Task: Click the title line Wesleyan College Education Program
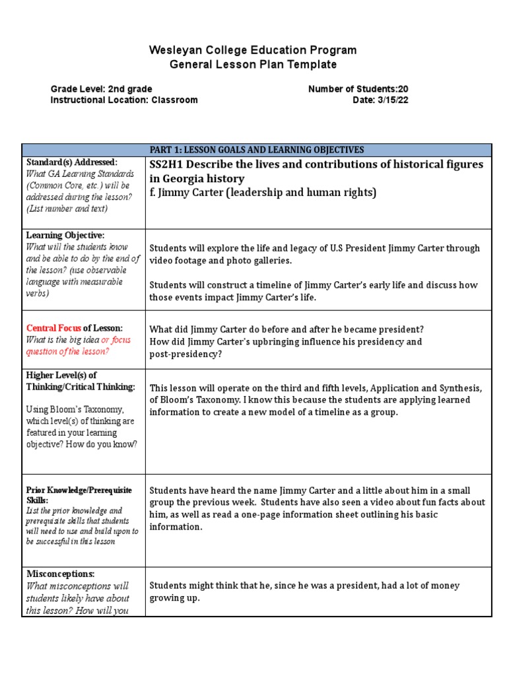(x=253, y=50)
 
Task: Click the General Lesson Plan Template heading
(x=253, y=65)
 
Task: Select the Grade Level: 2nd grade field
(x=102, y=89)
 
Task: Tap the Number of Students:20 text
(x=362, y=89)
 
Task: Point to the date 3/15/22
(x=394, y=100)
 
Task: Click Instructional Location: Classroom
(x=124, y=100)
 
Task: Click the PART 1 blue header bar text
(x=256, y=150)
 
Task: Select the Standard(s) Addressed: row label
(x=71, y=162)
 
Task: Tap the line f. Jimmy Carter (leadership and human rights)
(x=263, y=193)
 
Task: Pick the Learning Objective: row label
(x=65, y=235)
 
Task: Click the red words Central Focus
(x=54, y=328)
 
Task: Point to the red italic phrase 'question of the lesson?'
(x=67, y=351)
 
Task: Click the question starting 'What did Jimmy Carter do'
(x=287, y=329)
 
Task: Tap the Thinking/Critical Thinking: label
(x=81, y=387)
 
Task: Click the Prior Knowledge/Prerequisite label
(x=79, y=490)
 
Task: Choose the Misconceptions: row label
(x=60, y=574)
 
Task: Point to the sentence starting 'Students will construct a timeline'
(x=314, y=285)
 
